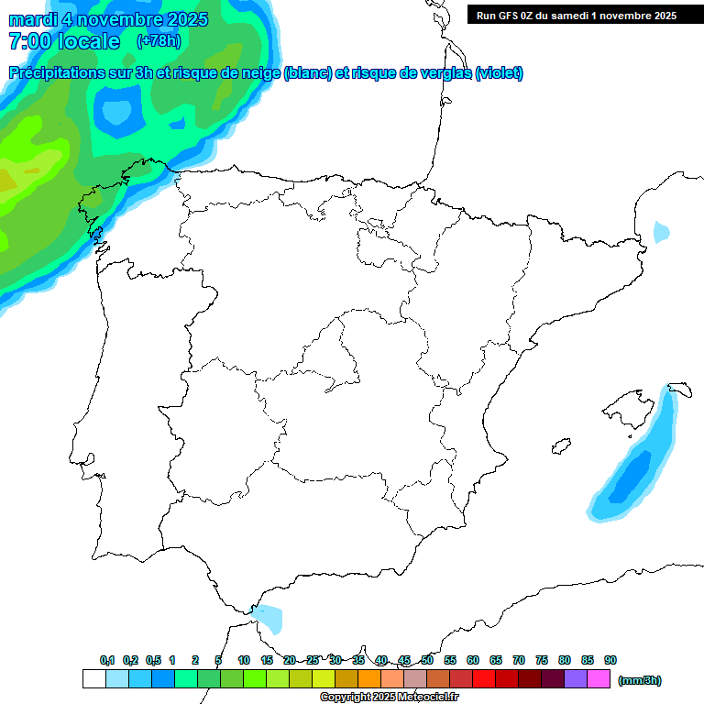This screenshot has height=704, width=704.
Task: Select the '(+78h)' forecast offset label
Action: pyautogui.click(x=159, y=41)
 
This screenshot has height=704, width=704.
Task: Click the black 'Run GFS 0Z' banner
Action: pyautogui.click(x=576, y=15)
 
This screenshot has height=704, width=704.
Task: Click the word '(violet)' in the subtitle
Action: pyautogui.click(x=500, y=73)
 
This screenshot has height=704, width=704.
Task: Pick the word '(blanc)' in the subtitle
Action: pyautogui.click(x=308, y=73)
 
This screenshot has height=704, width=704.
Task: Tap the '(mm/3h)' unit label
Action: pyautogui.click(x=639, y=680)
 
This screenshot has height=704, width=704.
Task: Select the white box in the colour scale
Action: pyautogui.click(x=93, y=679)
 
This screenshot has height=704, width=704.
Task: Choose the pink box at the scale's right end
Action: pyautogui.click(x=598, y=679)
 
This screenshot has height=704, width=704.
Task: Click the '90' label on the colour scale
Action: pyautogui.click(x=610, y=661)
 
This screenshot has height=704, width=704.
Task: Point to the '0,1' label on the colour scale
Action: pyautogui.click(x=107, y=661)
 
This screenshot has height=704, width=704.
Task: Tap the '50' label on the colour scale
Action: pyautogui.click(x=427, y=661)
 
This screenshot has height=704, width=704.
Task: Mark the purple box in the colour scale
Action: pyautogui.click(x=575, y=679)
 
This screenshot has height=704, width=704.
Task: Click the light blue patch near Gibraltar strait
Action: pyautogui.click(x=269, y=618)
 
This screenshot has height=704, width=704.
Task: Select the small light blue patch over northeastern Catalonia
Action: pyautogui.click(x=661, y=232)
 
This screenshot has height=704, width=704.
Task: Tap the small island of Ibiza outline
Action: pyautogui.click(x=561, y=446)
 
